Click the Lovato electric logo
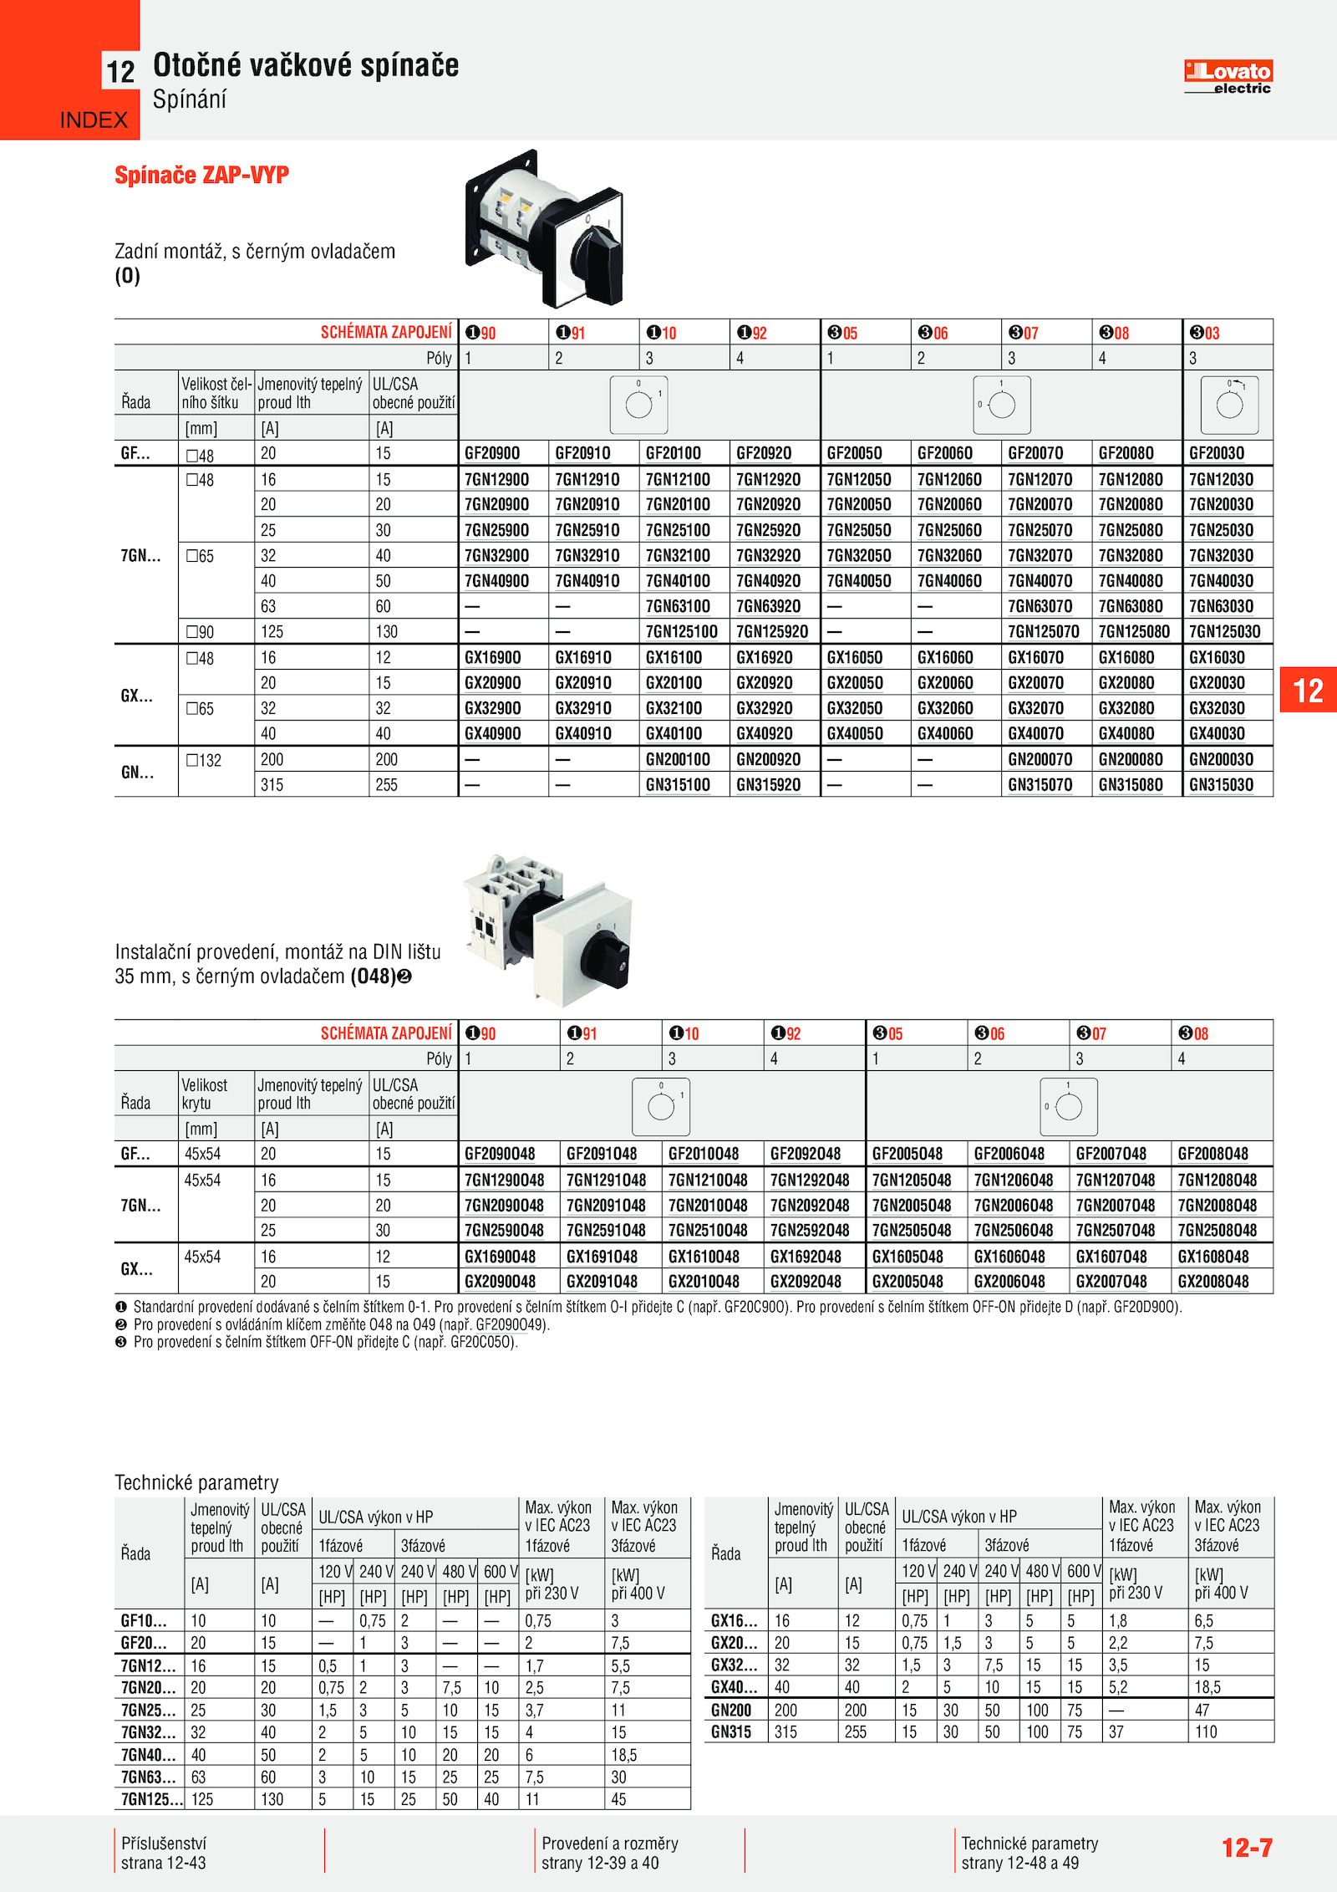click(1228, 77)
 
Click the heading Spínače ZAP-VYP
click(201, 176)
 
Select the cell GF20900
click(492, 453)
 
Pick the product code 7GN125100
click(681, 632)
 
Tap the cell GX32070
click(1035, 708)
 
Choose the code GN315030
click(1221, 785)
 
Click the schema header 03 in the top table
click(1205, 333)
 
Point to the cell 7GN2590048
click(504, 1231)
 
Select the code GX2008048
click(1213, 1282)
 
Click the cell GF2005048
click(907, 1154)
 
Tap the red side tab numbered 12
click(1308, 691)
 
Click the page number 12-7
click(1247, 1849)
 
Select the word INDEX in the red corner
click(94, 120)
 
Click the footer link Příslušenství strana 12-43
click(164, 1853)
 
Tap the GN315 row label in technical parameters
click(731, 1732)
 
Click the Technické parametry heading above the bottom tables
click(196, 1483)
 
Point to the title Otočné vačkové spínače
click(306, 65)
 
